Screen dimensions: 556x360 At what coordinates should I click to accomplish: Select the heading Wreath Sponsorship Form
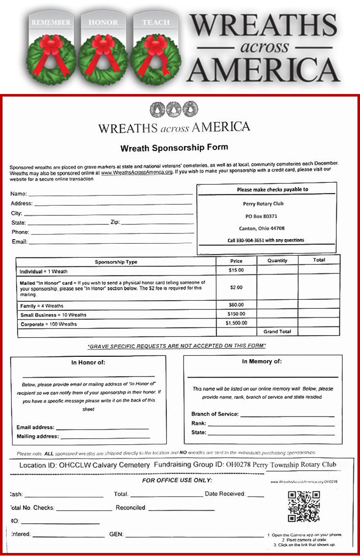pyautogui.click(x=174, y=148)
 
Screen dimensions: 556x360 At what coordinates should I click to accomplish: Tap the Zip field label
pyautogui.click(x=114, y=222)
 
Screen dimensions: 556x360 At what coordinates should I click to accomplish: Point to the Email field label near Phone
pyautogui.click(x=19, y=242)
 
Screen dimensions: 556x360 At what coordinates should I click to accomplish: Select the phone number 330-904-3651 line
pyautogui.click(x=265, y=240)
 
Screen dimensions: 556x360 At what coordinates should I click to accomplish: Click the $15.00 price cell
pyautogui.click(x=236, y=270)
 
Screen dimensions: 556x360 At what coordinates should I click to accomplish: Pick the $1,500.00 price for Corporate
pyautogui.click(x=236, y=322)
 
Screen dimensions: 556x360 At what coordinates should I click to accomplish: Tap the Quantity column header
pyautogui.click(x=277, y=261)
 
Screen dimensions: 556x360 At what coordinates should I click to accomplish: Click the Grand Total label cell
pyautogui.click(x=277, y=332)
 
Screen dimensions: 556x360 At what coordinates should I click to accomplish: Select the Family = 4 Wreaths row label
pyautogui.click(x=41, y=306)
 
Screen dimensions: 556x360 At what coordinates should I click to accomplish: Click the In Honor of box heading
pyautogui.click(x=88, y=362)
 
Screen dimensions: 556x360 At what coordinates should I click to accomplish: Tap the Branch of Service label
pyautogui.click(x=214, y=414)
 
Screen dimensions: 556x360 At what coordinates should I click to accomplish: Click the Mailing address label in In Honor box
pyautogui.click(x=37, y=436)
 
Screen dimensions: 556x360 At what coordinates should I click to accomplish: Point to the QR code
pyautogui.click(x=303, y=506)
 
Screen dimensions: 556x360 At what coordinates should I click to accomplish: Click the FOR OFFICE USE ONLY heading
pyautogui.click(x=177, y=480)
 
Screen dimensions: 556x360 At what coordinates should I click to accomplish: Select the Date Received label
pyautogui.click(x=224, y=494)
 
